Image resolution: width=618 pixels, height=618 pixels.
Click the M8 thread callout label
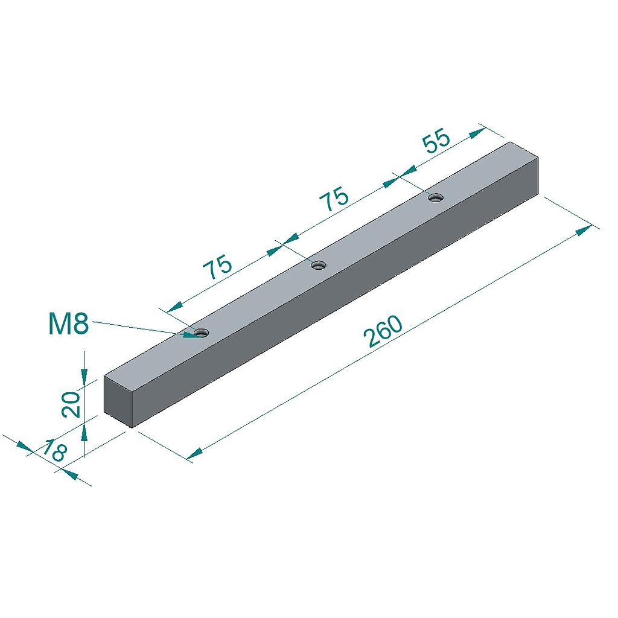69,324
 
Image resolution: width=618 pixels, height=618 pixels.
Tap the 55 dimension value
436,140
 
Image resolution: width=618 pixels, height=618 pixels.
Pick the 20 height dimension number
71,404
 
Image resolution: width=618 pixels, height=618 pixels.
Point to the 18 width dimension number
55,450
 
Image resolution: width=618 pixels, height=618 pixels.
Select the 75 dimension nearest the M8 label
217,266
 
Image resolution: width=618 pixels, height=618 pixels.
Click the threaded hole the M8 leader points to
202,333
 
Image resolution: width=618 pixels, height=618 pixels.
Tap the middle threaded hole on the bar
319,266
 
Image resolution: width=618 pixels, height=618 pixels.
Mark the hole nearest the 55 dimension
436,197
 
